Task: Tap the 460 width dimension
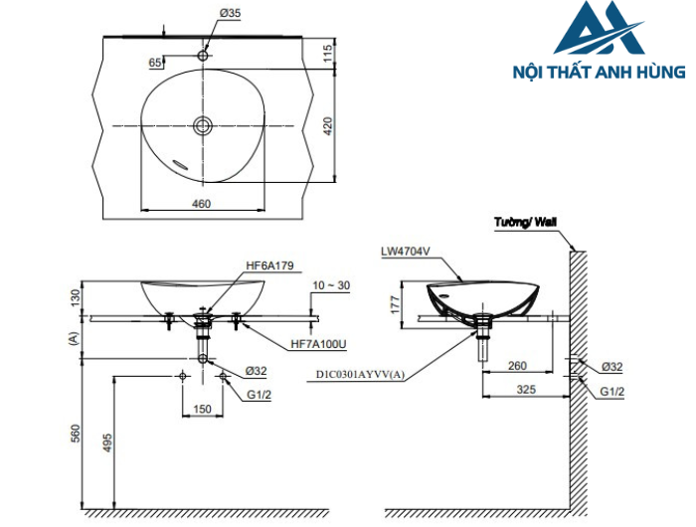pyautogui.click(x=201, y=204)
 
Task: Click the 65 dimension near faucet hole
pyautogui.click(x=155, y=62)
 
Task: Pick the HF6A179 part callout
pyautogui.click(x=268, y=267)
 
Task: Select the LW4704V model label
pyautogui.click(x=405, y=252)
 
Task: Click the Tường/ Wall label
pyautogui.click(x=525, y=225)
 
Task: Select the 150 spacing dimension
pyautogui.click(x=202, y=409)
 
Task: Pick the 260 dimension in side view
pyautogui.click(x=517, y=366)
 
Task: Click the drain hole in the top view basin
pyautogui.click(x=203, y=125)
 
